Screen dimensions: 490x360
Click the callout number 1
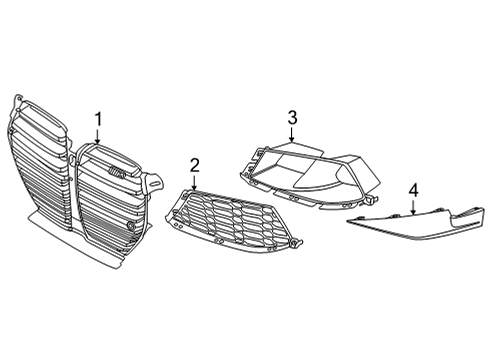tap(98, 120)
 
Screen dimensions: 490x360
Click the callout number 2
tap(194, 166)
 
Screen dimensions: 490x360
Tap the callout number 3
tap(292, 118)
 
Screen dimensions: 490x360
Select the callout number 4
tap(414, 190)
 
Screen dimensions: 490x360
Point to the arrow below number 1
tap(98, 137)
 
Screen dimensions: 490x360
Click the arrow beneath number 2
tap(194, 183)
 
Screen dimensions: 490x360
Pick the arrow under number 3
tap(292, 135)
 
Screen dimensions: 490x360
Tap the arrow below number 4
tap(413, 207)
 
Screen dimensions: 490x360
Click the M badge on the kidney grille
tap(116, 172)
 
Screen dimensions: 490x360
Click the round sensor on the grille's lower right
tap(131, 226)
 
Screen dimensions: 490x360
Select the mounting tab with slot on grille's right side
tap(154, 182)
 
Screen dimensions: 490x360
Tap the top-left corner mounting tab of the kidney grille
tap(18, 100)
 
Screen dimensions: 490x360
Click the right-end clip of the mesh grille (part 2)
tap(296, 244)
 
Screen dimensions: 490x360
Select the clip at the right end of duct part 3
tap(371, 199)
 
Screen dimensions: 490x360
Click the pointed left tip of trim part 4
tap(348, 220)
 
